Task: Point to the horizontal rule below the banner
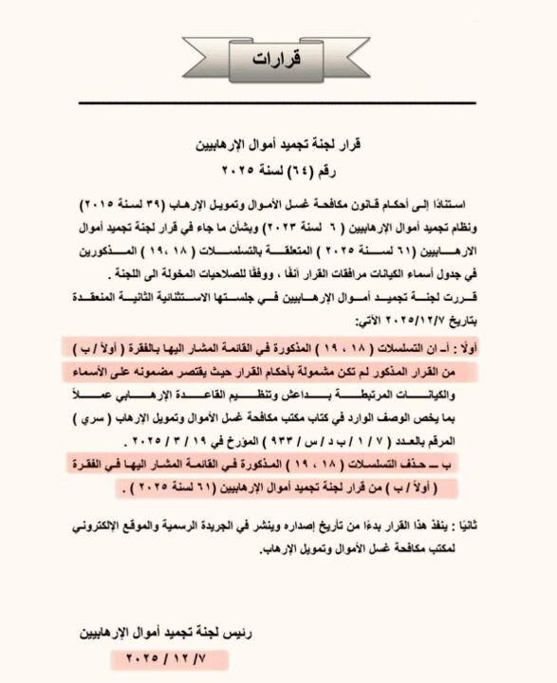pos(277,102)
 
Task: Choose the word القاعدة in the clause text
pos(189,392)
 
